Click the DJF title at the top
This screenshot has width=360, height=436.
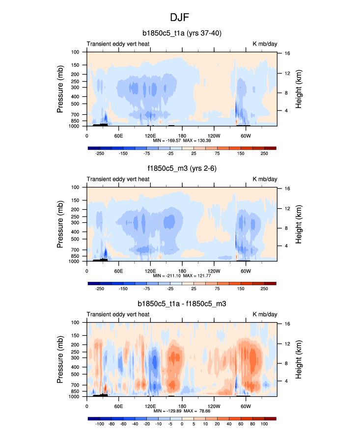pyautogui.click(x=180, y=17)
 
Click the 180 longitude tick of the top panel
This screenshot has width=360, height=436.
pyautogui.click(x=182, y=135)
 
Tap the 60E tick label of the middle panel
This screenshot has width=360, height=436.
pyautogui.click(x=118, y=271)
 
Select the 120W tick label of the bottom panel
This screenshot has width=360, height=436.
pyautogui.click(x=214, y=406)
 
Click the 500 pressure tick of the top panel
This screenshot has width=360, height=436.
pyautogui.click(x=76, y=104)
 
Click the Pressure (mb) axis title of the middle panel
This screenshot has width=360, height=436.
pyautogui.click(x=61, y=224)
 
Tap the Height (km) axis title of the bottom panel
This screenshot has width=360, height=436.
pyautogui.click(x=298, y=359)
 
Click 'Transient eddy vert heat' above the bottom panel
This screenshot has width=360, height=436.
pyautogui.click(x=118, y=314)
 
